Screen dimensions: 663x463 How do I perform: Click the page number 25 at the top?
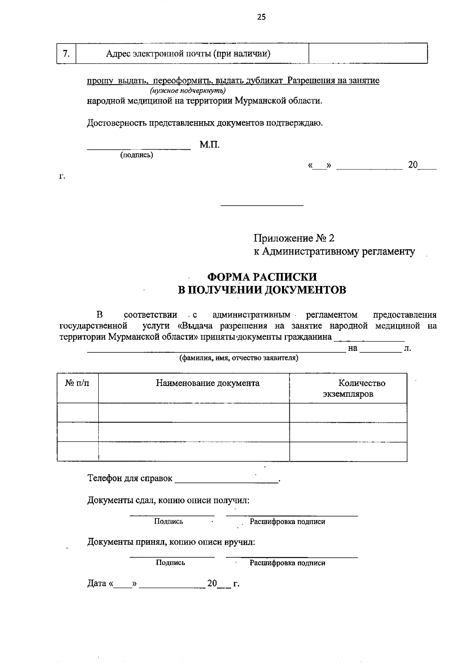pos(261,17)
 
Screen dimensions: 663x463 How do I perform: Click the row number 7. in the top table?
pos(66,53)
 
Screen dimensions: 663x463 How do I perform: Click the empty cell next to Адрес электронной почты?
pos(368,54)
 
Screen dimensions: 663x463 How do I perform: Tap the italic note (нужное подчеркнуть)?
pos(188,91)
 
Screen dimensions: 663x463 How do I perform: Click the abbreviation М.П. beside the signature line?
pos(210,145)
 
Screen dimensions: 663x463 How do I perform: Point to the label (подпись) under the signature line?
pos(137,155)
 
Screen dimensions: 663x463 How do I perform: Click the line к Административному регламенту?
pos(334,252)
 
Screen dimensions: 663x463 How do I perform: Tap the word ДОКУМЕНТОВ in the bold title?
pos(304,290)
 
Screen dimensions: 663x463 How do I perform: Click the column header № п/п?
pos(77,383)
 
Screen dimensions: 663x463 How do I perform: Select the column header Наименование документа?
pos(208,383)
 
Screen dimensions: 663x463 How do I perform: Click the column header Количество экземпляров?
pos(348,389)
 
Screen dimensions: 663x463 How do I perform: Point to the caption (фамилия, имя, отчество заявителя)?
pos(238,358)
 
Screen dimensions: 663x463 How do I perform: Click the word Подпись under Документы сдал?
pos(169,522)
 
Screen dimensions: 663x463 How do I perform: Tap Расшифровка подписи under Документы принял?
pos(287,563)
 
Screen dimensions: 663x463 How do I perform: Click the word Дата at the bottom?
pos(97,583)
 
